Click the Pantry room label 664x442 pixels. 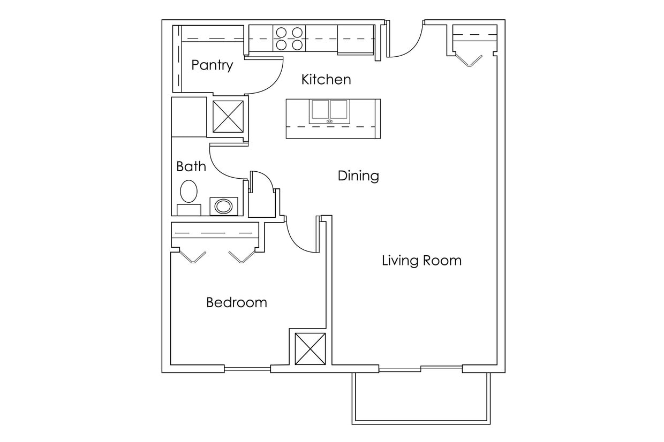pyautogui.click(x=212, y=65)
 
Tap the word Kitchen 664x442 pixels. pyautogui.click(x=326, y=80)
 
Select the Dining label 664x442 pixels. pyautogui.click(x=358, y=176)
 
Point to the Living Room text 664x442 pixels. pyautogui.click(x=421, y=261)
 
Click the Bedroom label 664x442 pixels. pyautogui.click(x=236, y=302)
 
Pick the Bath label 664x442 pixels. pyautogui.click(x=191, y=166)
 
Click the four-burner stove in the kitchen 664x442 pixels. pyautogui.click(x=289, y=39)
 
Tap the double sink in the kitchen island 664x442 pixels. pyautogui.click(x=329, y=111)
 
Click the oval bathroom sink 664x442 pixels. pyautogui.click(x=224, y=205)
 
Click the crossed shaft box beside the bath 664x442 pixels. pyautogui.click(x=228, y=116)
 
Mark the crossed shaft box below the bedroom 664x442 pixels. pyautogui.click(x=310, y=349)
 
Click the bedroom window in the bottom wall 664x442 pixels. pyautogui.click(x=247, y=369)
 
